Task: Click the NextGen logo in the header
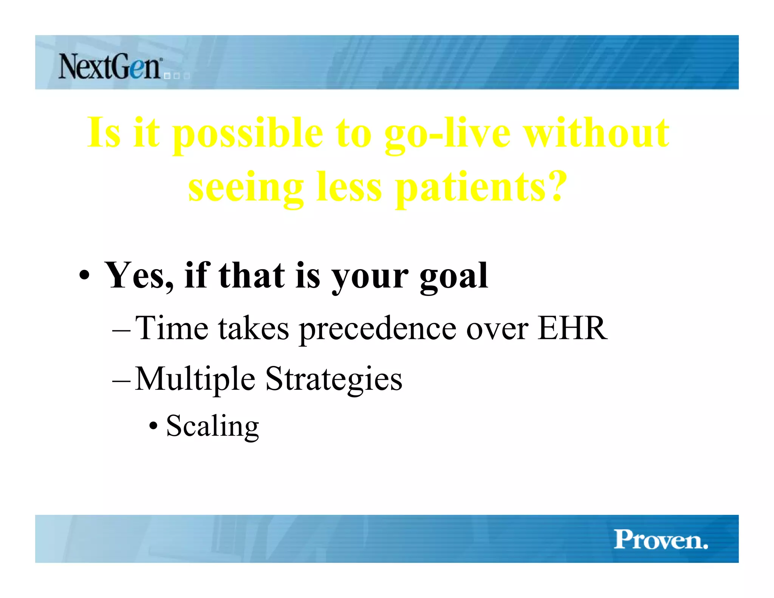tap(110, 67)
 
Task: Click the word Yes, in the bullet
tap(139, 276)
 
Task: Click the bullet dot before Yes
tap(85, 276)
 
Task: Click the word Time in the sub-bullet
tap(172, 328)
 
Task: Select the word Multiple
tap(195, 379)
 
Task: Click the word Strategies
tap(334, 379)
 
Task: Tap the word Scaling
tap(212, 426)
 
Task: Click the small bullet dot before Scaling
tap(153, 426)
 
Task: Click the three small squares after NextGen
tap(176, 76)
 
